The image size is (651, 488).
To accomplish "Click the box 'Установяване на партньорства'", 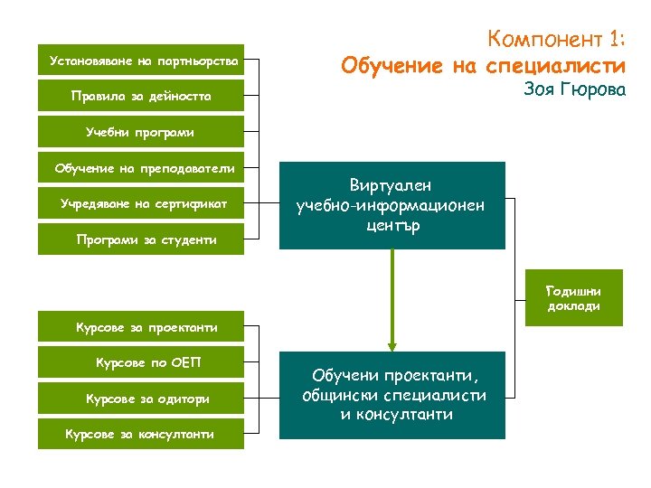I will [x=142, y=61].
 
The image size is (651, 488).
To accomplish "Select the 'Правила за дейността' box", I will [x=142, y=96].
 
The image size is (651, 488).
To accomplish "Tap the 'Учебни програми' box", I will [x=142, y=132].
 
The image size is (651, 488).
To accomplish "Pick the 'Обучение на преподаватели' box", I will [x=142, y=168].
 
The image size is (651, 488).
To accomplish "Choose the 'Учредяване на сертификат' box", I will [x=142, y=203].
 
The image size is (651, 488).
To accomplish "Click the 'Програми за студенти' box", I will [x=142, y=239].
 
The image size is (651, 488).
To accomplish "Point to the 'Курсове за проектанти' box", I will [x=142, y=327].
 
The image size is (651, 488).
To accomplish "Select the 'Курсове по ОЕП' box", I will [x=142, y=363].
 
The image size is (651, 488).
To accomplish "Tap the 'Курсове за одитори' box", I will [x=142, y=399].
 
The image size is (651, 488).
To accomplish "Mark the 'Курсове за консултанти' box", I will [x=142, y=434].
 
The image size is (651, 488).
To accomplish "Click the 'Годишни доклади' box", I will [x=573, y=297].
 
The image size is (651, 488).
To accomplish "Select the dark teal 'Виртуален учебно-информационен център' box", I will [x=392, y=205].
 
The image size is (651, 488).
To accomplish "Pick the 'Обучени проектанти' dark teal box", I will [x=392, y=395].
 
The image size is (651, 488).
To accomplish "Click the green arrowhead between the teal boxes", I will [x=392, y=343].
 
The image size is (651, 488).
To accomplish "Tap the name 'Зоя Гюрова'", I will [x=574, y=90].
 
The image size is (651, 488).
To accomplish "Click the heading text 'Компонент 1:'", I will [x=555, y=40].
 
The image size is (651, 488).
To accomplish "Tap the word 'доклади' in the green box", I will [x=573, y=305].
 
